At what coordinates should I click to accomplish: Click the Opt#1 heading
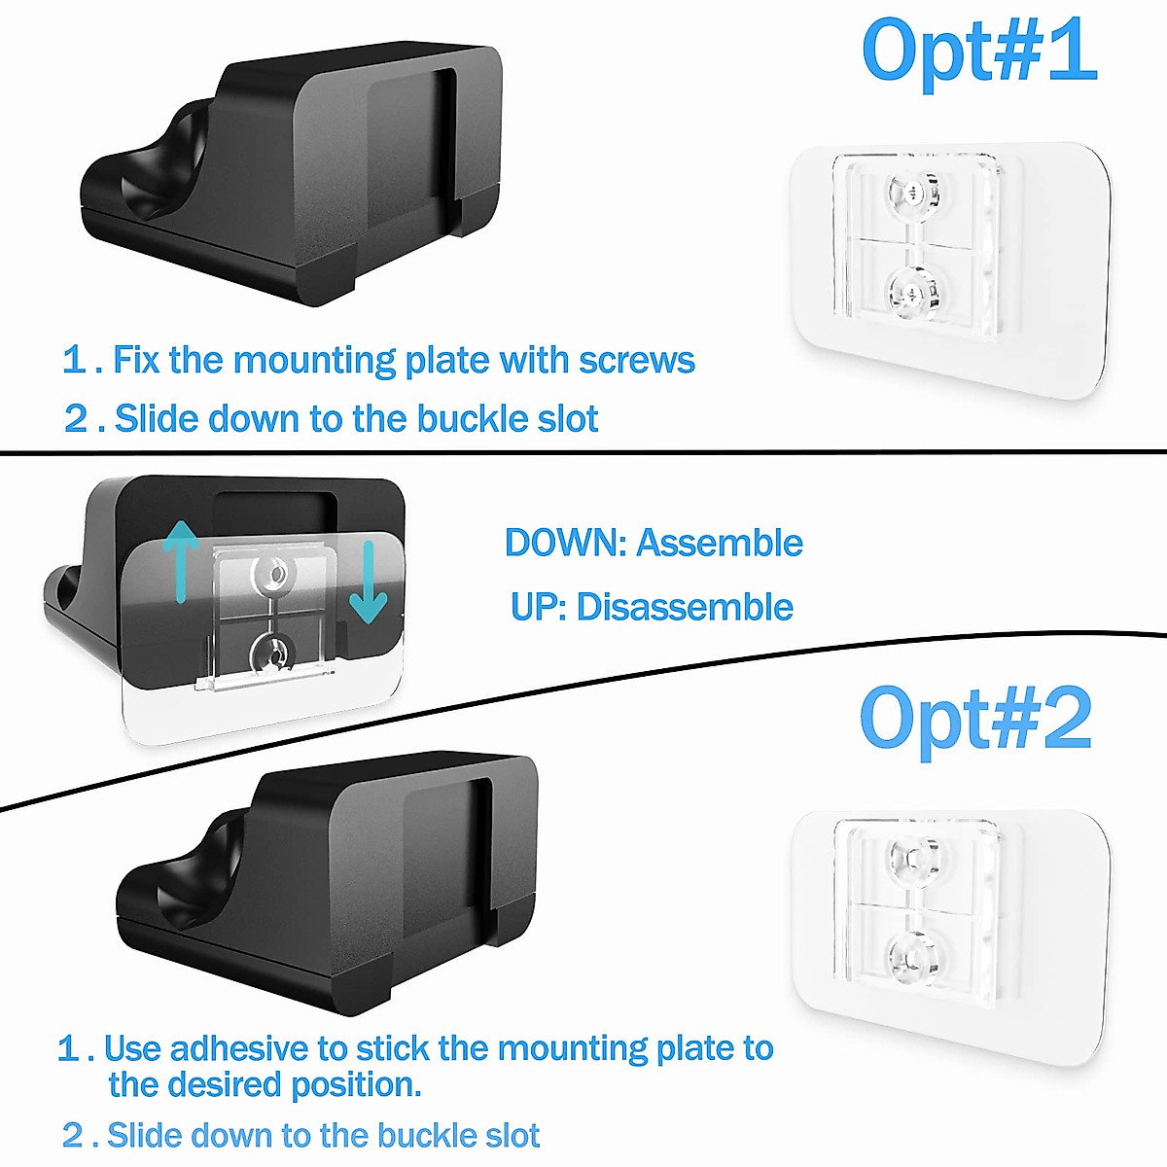[x=978, y=51]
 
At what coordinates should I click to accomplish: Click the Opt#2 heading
[x=975, y=720]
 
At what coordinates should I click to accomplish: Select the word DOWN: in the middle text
[x=566, y=543]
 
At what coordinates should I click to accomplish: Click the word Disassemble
[x=685, y=608]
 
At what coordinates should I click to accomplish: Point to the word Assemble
[x=720, y=543]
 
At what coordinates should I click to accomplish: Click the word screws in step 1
[x=636, y=361]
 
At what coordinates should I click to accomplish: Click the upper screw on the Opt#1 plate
[x=911, y=193]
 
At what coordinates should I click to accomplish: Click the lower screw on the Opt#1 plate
[x=911, y=291]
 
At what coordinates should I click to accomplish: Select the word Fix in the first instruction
[x=136, y=361]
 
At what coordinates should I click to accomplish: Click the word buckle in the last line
[x=422, y=1135]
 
